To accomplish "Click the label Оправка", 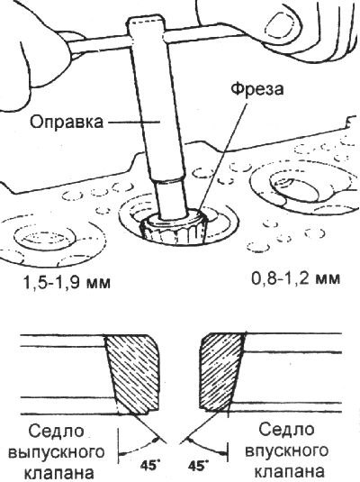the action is [67, 122].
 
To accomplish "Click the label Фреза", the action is [257, 90].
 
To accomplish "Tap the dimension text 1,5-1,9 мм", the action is [66, 282].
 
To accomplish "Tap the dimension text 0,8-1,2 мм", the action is [296, 278].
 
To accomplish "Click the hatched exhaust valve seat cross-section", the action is [133, 374].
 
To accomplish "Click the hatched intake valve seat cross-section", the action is [221, 372].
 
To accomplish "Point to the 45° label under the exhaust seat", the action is [150, 465].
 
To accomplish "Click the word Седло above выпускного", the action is [56, 432].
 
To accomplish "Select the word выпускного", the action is [56, 453].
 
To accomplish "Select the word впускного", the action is [287, 450].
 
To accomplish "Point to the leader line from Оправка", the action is [133, 123].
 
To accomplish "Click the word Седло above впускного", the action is [286, 430].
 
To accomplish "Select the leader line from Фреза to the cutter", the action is [222, 156].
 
